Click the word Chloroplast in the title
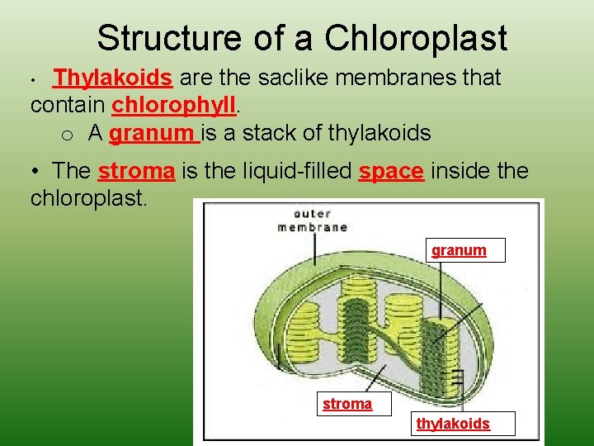point(416,38)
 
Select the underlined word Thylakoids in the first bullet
point(112,78)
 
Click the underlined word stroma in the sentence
point(137,171)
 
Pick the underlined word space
point(392,171)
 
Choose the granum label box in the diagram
point(460,250)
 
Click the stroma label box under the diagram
point(347,404)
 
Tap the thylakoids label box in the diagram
point(453,424)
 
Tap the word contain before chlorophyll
point(68,106)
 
